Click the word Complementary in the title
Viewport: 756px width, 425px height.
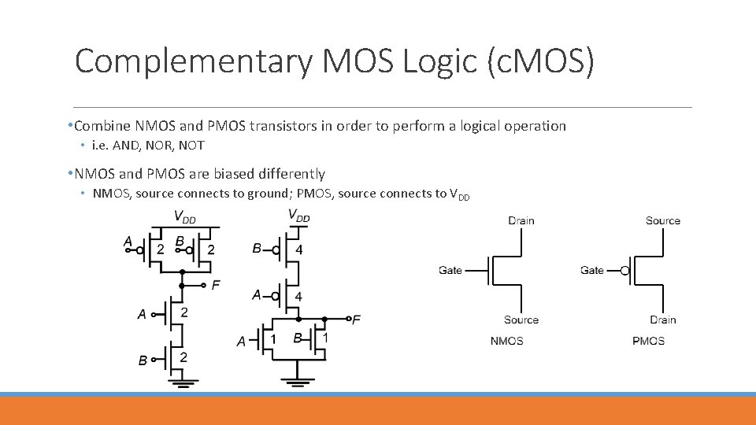pyautogui.click(x=193, y=61)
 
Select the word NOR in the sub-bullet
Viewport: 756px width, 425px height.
pyautogui.click(x=161, y=146)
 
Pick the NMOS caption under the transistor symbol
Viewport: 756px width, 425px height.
pyautogui.click(x=506, y=341)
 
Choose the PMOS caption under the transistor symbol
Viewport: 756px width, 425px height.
pyautogui.click(x=648, y=341)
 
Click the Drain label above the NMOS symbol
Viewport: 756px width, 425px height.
pyautogui.click(x=521, y=220)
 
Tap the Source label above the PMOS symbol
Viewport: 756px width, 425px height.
pyautogui.click(x=662, y=220)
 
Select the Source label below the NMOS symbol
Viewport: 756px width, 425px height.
pyautogui.click(x=521, y=320)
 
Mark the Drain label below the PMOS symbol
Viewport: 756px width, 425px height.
pyautogui.click(x=662, y=320)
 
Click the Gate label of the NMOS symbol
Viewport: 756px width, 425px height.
pyautogui.click(x=450, y=270)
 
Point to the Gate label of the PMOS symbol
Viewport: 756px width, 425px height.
pyautogui.click(x=592, y=270)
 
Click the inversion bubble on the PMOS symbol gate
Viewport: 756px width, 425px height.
pyautogui.click(x=624, y=271)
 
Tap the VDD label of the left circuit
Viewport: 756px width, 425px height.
pyautogui.click(x=184, y=216)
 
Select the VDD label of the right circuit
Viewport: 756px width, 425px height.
pyautogui.click(x=298, y=216)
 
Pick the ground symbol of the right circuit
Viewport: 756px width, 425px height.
pyautogui.click(x=297, y=383)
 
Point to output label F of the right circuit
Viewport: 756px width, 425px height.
pyautogui.click(x=357, y=320)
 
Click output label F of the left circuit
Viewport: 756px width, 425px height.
pyautogui.click(x=216, y=285)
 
